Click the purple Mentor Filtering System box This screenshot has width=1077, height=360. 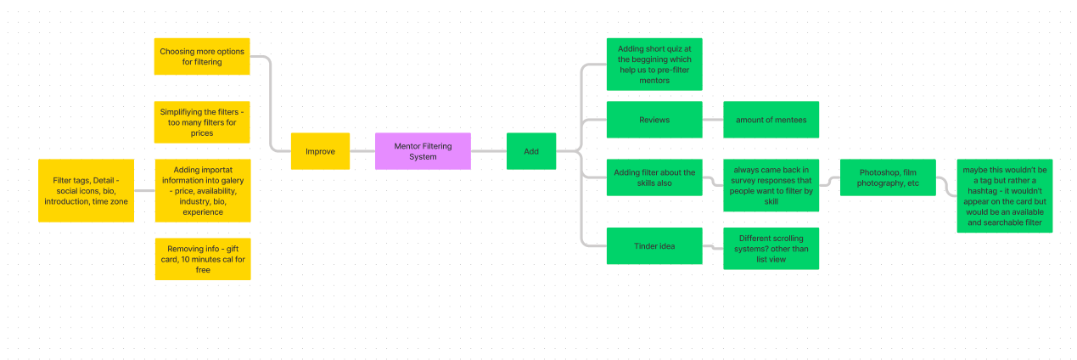(423, 151)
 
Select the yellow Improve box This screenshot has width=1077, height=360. (320, 151)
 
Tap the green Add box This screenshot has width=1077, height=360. (531, 151)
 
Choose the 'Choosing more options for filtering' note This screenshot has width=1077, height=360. (202, 56)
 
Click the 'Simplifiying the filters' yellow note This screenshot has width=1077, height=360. (202, 122)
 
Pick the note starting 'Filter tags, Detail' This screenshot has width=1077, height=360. (86, 190)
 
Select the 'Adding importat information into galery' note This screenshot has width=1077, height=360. (203, 190)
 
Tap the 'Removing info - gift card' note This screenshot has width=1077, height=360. (203, 259)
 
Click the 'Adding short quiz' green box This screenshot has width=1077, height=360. (654, 64)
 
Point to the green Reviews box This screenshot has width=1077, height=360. (654, 120)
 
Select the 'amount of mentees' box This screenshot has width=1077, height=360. (771, 120)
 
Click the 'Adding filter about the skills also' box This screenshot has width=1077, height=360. (654, 177)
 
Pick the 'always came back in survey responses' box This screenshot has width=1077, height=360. (771, 185)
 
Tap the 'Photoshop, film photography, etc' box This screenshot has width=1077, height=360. (888, 177)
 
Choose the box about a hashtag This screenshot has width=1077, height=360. (1004, 196)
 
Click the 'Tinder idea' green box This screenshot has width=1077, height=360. (654, 246)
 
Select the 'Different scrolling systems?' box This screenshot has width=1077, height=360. (771, 249)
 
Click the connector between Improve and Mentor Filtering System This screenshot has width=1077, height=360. (362, 151)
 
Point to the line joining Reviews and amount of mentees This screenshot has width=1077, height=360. (713, 120)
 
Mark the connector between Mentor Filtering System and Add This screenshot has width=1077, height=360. (489, 151)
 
